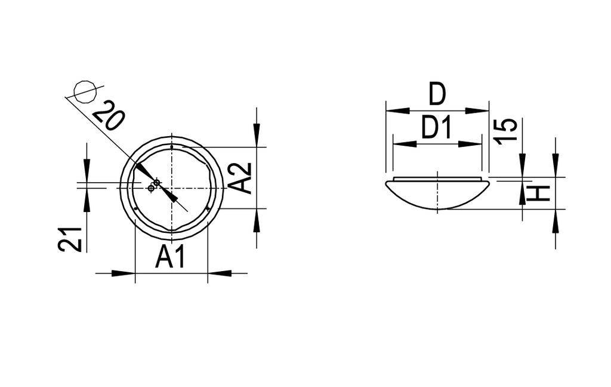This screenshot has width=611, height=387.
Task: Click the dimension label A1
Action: click(171, 257)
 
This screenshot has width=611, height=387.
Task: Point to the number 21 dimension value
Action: click(70, 239)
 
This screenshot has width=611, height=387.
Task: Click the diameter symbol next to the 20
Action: click(84, 91)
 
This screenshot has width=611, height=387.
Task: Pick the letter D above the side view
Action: click(437, 94)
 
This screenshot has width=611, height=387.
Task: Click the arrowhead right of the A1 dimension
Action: click(220, 274)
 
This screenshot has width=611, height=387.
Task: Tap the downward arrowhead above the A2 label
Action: click(257, 136)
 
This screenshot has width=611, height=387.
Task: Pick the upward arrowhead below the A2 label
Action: click(257, 220)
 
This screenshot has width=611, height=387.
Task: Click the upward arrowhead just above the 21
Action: click(87, 201)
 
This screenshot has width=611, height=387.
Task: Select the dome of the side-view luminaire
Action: click(437, 195)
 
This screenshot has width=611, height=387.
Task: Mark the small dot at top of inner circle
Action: click(171, 146)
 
